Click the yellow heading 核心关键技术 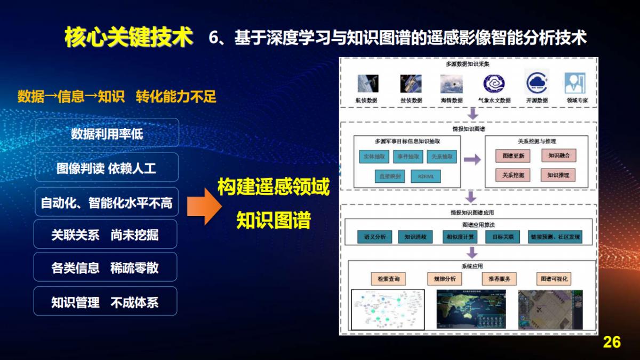point(128,37)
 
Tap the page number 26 point(612,342)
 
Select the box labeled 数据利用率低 point(107,133)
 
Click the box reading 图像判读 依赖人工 point(107,168)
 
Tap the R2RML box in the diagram point(426,177)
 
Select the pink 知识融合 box point(558,156)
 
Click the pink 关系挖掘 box point(513,175)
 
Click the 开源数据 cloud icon point(536,84)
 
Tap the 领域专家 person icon point(574,84)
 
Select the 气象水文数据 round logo point(494,84)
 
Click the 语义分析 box point(374,237)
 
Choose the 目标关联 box point(503,237)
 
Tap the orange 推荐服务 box point(499,278)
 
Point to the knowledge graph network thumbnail point(388,310)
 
